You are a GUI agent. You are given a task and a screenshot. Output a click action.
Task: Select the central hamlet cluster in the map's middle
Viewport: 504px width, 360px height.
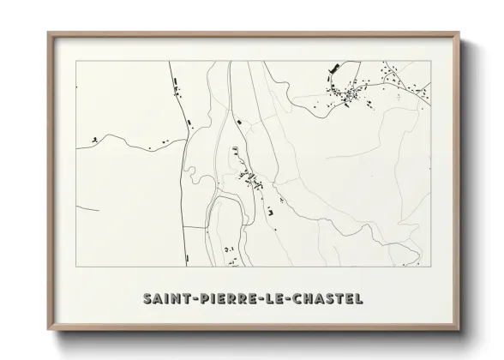point(251,179)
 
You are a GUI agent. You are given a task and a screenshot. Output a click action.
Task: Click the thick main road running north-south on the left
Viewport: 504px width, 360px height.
point(183,197)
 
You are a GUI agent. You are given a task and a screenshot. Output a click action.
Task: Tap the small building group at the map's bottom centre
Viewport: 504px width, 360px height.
point(228,249)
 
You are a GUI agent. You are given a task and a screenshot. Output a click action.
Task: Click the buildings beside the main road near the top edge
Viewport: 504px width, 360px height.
point(177,82)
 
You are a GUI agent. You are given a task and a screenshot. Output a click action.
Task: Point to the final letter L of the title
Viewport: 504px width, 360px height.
point(357,299)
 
